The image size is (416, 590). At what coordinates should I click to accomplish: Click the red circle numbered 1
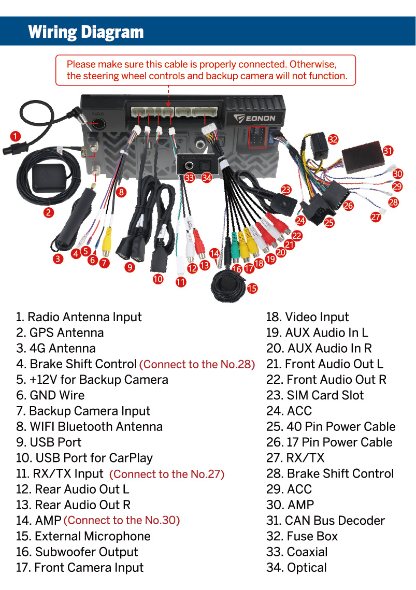pos(16,136)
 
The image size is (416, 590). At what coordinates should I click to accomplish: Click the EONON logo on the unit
pos(257,118)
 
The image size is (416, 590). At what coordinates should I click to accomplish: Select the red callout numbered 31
pos(388,151)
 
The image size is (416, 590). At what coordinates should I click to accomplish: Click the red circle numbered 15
pos(252,288)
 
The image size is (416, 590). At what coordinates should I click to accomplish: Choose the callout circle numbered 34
pos(207,178)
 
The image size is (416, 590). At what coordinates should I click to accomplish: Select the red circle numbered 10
pos(158,279)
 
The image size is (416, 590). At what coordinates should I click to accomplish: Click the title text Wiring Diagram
pos(86,32)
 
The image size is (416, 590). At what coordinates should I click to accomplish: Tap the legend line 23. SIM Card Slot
pos(315,395)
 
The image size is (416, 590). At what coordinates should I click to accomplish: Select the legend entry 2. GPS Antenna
pos(60,333)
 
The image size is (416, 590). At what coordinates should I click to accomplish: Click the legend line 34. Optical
pos(296,568)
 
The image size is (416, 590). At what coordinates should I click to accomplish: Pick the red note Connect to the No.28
pos(197,364)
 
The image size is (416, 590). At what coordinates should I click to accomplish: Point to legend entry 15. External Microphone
pos(83,536)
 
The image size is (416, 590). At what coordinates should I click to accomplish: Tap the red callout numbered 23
pos(286,190)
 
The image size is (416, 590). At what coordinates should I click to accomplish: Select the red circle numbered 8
pos(121,192)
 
